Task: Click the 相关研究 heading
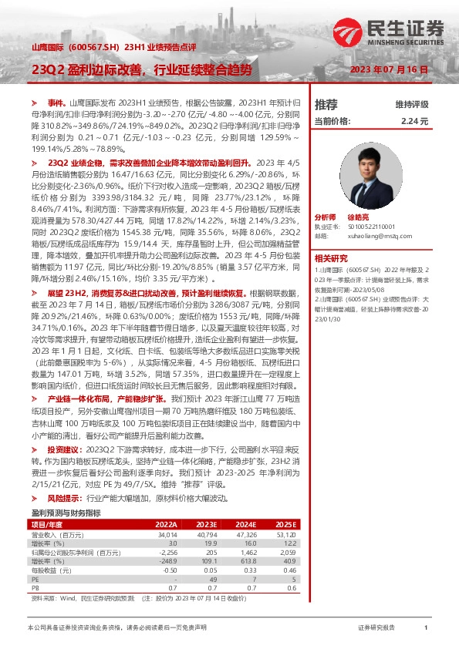[x=331, y=257]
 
